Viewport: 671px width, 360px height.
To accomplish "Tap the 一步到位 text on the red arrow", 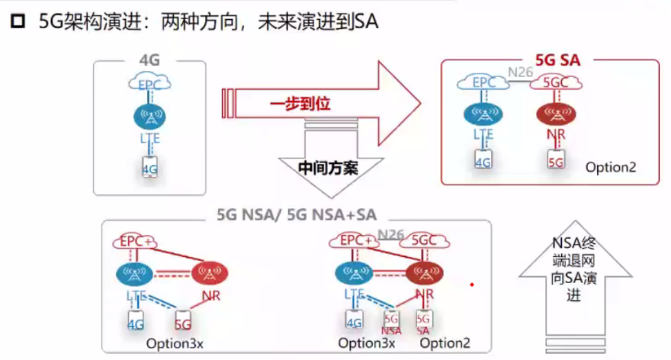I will click(300, 103).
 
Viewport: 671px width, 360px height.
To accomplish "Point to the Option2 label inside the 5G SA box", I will click(611, 167).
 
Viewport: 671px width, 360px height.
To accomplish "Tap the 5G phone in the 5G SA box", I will click(557, 161).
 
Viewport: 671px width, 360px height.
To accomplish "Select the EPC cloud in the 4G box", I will click(150, 82).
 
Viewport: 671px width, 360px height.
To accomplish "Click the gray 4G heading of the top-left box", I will click(150, 60).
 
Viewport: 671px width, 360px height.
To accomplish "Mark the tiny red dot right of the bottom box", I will click(472, 285).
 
